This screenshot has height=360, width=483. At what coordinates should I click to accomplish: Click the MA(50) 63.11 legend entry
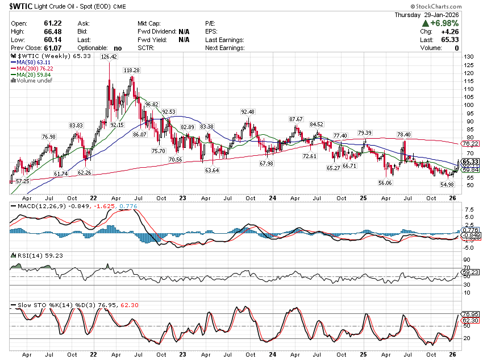pyautogui.click(x=33, y=63)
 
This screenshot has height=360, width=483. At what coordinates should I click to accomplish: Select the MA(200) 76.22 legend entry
pyautogui.click(x=35, y=69)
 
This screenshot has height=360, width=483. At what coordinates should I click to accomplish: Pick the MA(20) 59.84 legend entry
pyautogui.click(x=33, y=75)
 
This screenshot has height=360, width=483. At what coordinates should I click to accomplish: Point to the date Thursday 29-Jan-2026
pyautogui.click(x=443, y=14)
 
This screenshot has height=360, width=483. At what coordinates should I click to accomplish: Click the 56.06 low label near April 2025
pyautogui.click(x=385, y=183)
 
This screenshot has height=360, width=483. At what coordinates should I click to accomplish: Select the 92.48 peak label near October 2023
pyautogui.click(x=248, y=111)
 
